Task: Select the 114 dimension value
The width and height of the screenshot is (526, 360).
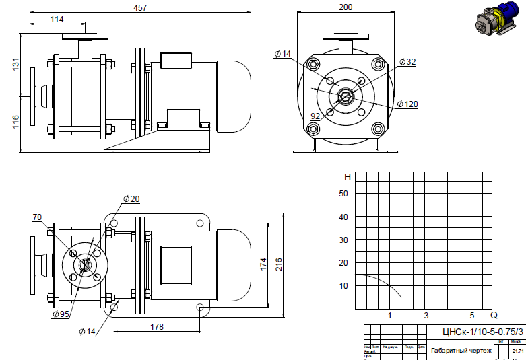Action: [x=58, y=20]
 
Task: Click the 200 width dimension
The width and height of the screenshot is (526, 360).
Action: [x=346, y=7]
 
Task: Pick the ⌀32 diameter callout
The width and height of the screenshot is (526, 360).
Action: [x=407, y=62]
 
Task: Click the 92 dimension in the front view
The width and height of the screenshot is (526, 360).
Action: [x=315, y=116]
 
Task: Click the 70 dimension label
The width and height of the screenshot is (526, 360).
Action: [x=38, y=217]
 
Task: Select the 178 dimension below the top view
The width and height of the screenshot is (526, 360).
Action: [x=156, y=326]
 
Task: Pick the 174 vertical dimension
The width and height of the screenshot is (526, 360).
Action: [x=264, y=264]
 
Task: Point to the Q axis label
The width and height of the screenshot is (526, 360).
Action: [x=493, y=315]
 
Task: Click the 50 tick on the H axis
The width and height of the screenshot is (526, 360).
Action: [x=343, y=194]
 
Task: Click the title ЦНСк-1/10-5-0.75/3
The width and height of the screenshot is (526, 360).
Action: [x=482, y=332]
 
